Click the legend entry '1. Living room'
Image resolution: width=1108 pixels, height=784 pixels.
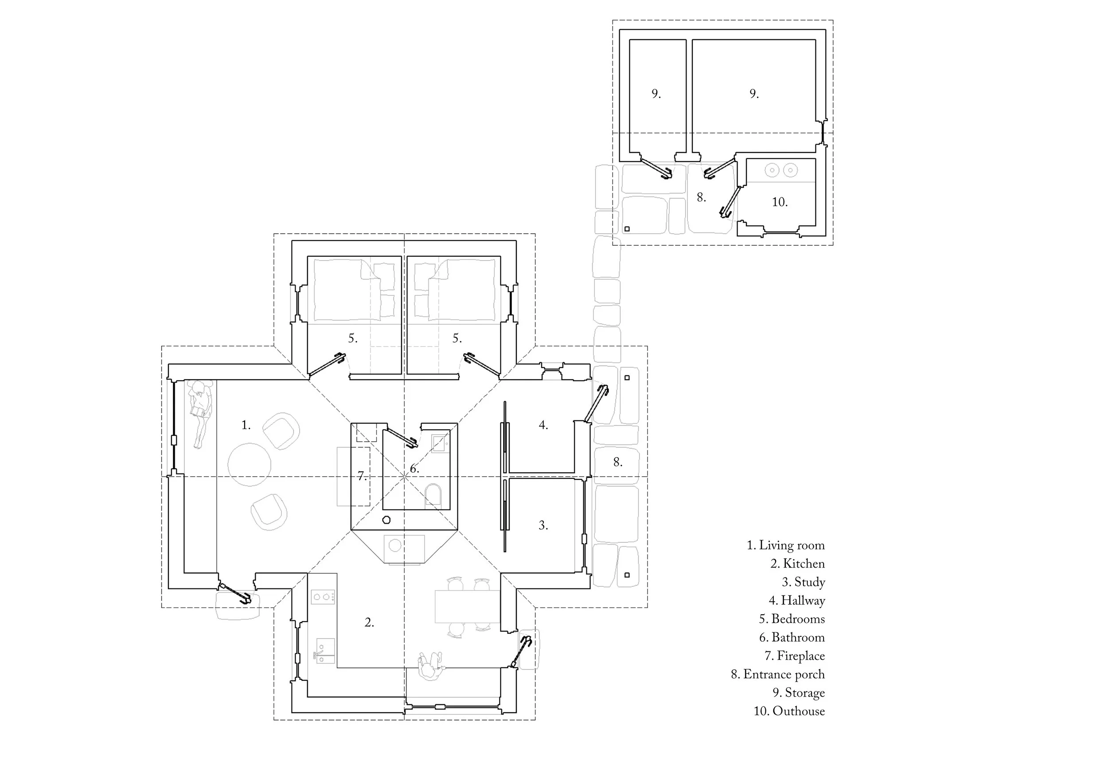786,545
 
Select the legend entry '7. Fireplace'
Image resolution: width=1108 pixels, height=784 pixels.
794,656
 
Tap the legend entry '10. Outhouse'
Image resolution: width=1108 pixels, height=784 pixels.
789,711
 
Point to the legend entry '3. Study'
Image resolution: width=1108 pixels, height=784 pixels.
804,582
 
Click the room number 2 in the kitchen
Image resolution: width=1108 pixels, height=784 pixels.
369,623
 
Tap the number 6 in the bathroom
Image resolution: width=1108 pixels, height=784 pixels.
414,468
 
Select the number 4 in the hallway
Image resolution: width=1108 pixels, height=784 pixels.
543,425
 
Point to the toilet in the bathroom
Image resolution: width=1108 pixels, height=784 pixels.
433,495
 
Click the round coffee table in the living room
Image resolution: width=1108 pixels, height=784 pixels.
249,464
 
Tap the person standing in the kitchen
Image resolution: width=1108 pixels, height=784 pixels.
430,666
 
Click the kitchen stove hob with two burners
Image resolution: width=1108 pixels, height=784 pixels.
322,597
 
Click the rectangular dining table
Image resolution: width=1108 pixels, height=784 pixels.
467,606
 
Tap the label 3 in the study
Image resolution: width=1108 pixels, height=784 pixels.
543,525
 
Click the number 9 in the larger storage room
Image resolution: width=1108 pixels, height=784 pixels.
754,94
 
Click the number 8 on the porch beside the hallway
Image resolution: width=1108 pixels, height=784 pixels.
618,462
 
